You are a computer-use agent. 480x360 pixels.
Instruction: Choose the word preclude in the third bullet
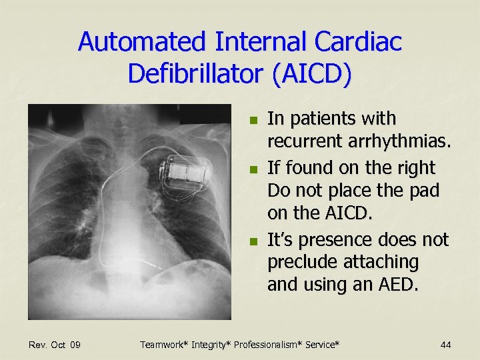(301, 262)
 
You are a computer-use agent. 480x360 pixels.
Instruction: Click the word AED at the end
(399, 285)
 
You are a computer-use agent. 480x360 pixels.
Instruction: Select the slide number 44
(445, 345)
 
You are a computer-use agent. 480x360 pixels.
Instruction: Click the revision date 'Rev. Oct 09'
(55, 345)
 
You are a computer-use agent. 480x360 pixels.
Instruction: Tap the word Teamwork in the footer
(163, 345)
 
